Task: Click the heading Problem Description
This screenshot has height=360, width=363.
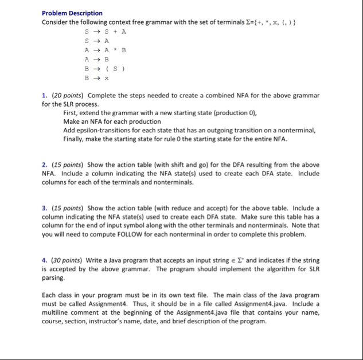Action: point(72,13)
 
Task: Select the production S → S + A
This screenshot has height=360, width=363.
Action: point(106,32)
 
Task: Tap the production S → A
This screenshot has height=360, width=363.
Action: point(97,41)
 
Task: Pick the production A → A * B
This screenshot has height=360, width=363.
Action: point(106,50)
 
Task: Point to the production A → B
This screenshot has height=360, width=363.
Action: point(97,60)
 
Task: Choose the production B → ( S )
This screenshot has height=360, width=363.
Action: point(106,69)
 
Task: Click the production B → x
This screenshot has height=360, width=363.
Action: point(97,78)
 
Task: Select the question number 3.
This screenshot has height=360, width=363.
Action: point(44,208)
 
